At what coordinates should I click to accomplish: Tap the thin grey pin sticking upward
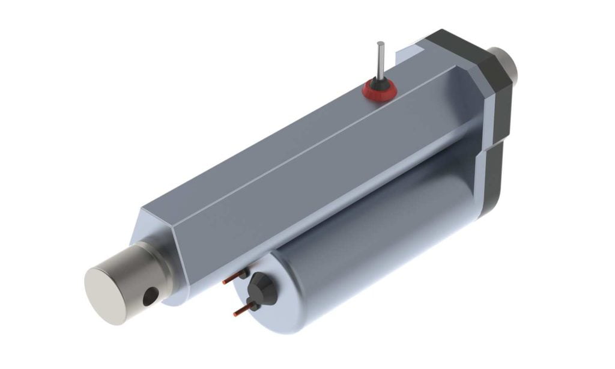click(x=380, y=61)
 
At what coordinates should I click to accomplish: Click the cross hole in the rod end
click(x=151, y=294)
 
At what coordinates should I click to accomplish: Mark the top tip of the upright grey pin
click(x=380, y=43)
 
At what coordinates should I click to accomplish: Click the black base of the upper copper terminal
click(x=244, y=274)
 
